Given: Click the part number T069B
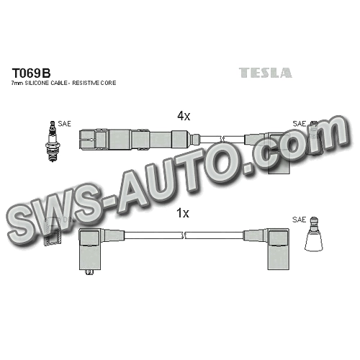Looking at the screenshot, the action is [x=32, y=73].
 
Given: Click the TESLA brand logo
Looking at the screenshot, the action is [x=266, y=73].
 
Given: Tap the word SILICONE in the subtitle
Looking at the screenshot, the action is [x=36, y=83].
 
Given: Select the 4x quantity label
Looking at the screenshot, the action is [x=184, y=117].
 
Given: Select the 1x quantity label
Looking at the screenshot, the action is [x=183, y=213].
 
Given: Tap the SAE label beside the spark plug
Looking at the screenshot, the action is [x=65, y=124].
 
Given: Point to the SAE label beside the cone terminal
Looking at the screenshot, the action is [x=300, y=220].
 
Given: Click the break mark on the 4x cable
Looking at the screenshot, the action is [x=222, y=139].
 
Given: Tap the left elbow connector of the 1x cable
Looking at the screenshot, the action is [x=90, y=250].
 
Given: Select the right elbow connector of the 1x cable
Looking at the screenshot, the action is [x=278, y=248].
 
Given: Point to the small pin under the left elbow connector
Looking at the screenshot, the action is [x=90, y=273].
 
